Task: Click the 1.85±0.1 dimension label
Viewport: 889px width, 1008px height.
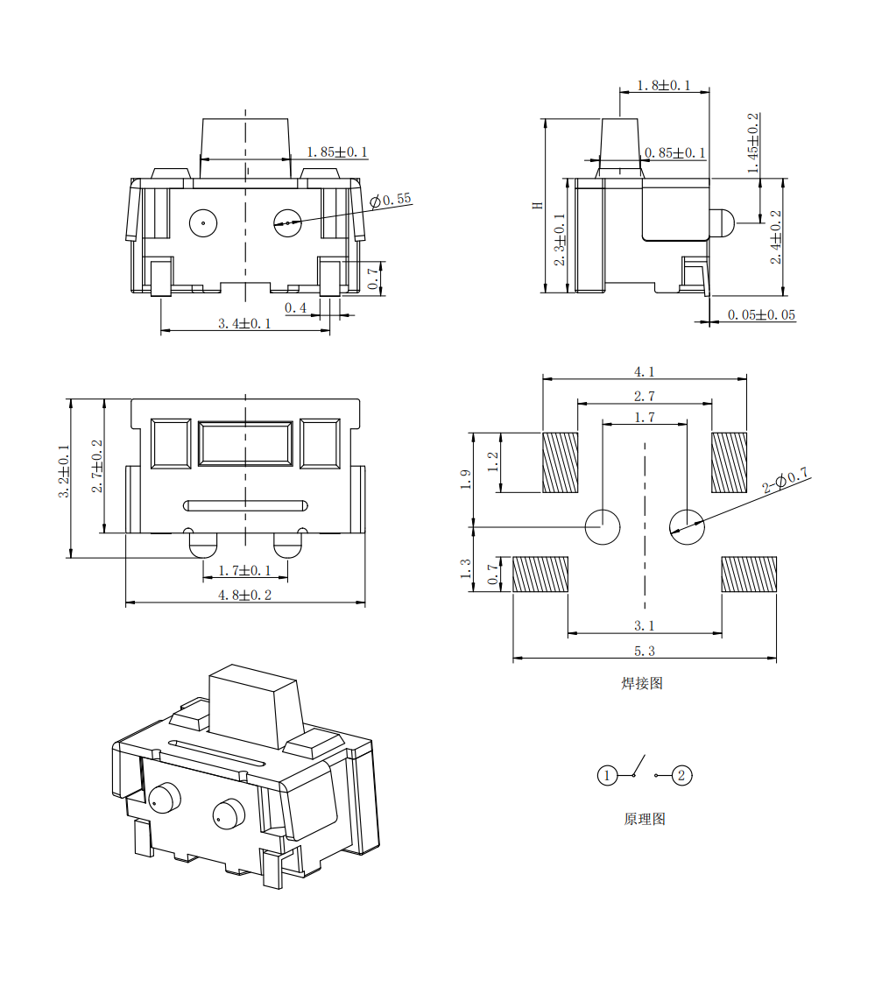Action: [337, 152]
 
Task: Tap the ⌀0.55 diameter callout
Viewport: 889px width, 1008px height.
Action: [390, 200]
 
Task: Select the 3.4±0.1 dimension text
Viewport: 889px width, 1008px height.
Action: [244, 323]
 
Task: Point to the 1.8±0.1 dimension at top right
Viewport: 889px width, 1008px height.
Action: [663, 86]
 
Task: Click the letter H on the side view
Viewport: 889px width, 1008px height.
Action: [538, 206]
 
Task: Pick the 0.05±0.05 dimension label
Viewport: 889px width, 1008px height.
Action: [761, 315]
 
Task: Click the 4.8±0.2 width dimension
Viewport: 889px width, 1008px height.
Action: [245, 596]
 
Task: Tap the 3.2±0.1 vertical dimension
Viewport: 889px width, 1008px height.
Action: [64, 471]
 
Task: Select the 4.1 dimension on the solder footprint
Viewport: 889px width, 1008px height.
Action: [644, 371]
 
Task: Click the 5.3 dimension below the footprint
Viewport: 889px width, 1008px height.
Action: [644, 652]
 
